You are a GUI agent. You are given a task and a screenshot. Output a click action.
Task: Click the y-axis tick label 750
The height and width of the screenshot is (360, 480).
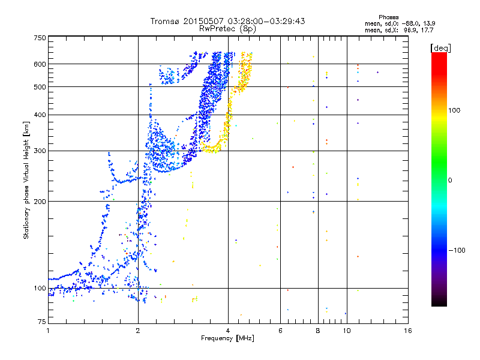coord(40,38)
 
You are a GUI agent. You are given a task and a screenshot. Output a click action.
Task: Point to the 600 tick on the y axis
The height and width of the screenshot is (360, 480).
coord(40,64)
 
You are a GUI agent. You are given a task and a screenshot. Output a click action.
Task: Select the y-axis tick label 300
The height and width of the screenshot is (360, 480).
coord(40,150)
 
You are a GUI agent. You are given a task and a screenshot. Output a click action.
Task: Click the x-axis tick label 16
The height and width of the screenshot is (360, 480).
coord(407,331)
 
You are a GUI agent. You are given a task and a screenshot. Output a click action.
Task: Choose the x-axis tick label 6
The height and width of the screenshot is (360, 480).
coord(280,331)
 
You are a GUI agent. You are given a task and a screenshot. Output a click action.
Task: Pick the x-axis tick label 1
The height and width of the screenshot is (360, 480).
coord(48,331)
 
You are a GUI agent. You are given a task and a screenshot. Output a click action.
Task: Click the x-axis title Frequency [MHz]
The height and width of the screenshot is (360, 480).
coord(227,339)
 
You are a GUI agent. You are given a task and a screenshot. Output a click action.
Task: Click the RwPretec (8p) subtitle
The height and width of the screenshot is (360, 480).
coord(227,28)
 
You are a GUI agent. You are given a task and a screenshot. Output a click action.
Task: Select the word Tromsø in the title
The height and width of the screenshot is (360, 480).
coord(165,21)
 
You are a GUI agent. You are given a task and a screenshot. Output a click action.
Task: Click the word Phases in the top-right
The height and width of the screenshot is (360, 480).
coord(389,17)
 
